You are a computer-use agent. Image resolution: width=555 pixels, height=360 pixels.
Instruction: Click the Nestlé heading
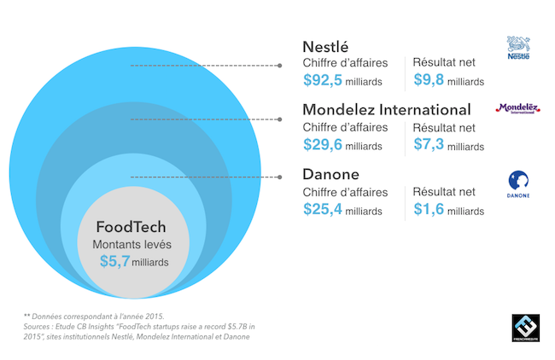click(x=325, y=47)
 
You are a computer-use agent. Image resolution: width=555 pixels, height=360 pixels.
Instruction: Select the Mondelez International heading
click(x=387, y=110)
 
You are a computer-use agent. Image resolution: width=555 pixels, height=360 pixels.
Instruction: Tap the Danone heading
click(x=331, y=174)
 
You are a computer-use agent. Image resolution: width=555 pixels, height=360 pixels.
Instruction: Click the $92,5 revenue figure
click(x=323, y=80)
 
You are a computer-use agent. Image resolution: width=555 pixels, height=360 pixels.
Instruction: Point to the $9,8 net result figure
click(x=429, y=79)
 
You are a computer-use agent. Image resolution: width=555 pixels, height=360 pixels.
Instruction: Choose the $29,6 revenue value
click(x=323, y=144)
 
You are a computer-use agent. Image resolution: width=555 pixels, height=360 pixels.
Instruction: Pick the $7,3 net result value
click(x=429, y=144)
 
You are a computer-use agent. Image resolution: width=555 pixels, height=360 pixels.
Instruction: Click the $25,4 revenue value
click(x=323, y=209)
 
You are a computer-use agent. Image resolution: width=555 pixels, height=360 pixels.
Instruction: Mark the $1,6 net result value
click(x=429, y=209)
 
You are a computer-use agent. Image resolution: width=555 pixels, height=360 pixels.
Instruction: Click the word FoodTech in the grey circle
click(x=131, y=227)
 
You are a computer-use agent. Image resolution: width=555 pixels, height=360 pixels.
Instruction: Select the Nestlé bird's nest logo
click(x=518, y=48)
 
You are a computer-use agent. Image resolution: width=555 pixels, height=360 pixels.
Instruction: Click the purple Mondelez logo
click(x=517, y=108)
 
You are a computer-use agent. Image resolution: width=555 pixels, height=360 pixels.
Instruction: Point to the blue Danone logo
click(x=518, y=184)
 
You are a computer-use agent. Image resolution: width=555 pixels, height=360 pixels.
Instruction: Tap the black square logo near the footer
click(x=526, y=328)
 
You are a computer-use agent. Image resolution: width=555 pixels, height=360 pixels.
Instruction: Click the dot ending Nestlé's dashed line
click(x=279, y=66)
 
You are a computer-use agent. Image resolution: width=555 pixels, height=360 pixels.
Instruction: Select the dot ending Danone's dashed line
click(x=279, y=177)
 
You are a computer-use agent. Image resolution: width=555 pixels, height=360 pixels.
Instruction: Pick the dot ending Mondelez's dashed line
click(x=279, y=119)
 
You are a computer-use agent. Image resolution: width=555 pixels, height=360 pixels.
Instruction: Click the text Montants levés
click(x=131, y=245)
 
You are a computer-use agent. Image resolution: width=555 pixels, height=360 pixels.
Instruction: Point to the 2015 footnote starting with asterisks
click(x=94, y=316)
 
